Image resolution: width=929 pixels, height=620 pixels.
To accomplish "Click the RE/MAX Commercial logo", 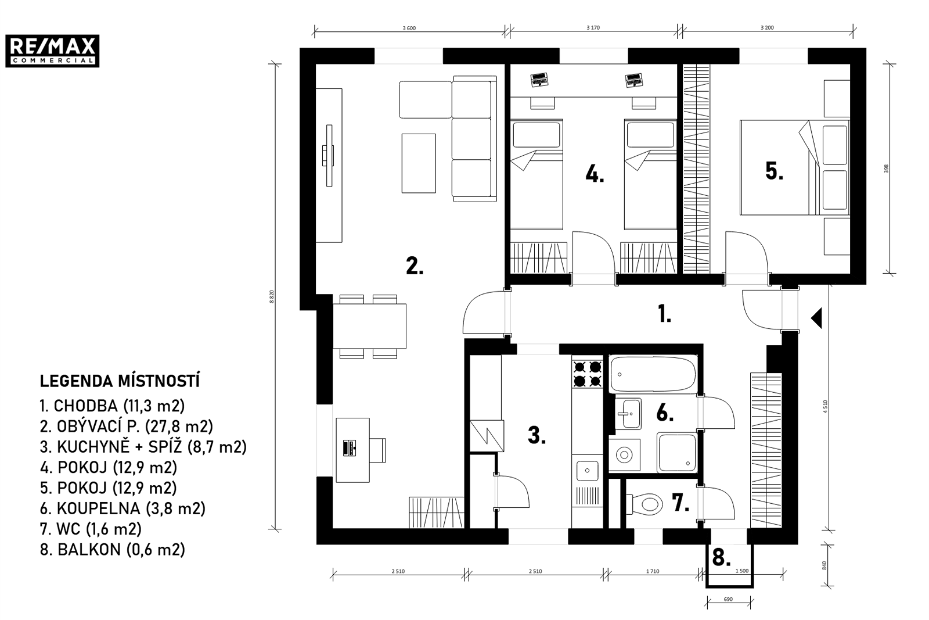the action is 52,51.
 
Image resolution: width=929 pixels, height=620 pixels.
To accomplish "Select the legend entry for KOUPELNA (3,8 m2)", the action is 123,508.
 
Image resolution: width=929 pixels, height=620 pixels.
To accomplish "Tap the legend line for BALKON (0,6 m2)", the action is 113,550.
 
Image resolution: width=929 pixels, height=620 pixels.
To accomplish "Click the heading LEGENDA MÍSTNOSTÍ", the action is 120,381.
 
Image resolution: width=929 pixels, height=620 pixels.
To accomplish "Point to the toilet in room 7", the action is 643,504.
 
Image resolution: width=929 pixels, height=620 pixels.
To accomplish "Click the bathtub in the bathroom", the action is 653,374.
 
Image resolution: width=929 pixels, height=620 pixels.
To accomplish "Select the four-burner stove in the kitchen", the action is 587,374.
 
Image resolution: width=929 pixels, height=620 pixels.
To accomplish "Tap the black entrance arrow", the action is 816,318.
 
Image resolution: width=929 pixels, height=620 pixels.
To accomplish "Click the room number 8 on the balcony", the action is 721,558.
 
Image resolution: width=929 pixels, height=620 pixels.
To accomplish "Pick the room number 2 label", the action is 415,266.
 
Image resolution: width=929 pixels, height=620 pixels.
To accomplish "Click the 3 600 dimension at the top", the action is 409,28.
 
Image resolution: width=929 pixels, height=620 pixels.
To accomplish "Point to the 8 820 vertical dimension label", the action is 272,296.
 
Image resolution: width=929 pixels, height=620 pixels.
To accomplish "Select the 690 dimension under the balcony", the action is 728,599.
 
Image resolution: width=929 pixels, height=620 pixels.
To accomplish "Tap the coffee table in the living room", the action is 419,163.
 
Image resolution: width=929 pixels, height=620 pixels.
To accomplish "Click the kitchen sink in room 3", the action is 587,471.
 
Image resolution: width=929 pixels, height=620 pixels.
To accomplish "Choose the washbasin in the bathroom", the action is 628,413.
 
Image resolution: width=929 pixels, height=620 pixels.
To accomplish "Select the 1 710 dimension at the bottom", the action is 653,571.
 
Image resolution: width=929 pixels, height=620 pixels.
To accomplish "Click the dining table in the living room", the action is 369,326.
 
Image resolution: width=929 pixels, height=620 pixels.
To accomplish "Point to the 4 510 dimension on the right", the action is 825,406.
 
